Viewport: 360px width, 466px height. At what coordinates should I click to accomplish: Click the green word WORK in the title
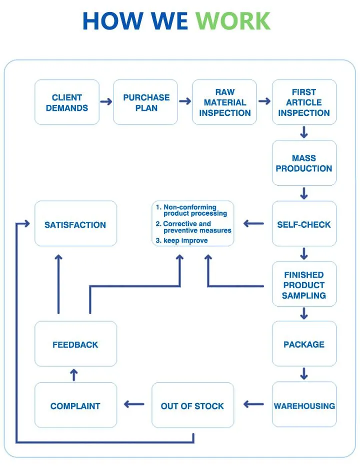pos(232,21)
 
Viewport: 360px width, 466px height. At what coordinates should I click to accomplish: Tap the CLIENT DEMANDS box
pos(67,102)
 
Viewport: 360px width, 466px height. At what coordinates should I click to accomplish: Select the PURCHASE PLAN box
pos(146,102)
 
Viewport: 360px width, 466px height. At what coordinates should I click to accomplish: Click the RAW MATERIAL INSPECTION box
pos(225,102)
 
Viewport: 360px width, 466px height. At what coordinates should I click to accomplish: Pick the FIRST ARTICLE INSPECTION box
pos(304,102)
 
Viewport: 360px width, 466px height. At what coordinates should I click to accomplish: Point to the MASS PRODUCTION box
pos(304,163)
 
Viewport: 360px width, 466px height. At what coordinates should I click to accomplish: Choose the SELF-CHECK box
pos(304,224)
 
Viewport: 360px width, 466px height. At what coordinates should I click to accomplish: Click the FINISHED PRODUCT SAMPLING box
pos(304,285)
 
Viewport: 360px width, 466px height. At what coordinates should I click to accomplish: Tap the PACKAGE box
pos(304,344)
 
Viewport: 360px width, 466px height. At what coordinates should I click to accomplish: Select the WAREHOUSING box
pos(304,406)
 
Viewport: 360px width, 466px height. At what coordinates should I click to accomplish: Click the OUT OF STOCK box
pos(192,406)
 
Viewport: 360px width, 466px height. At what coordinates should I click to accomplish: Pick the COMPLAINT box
pos(75,406)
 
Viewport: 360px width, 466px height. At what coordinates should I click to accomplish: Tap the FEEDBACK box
pos(75,344)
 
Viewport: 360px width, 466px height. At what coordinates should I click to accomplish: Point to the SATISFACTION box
pos(75,224)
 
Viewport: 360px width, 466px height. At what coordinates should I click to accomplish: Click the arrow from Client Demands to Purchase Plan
pos(106,102)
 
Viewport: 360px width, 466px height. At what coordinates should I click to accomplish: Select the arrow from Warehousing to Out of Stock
pos(253,404)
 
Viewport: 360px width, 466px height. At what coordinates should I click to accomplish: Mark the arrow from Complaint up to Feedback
pos(74,375)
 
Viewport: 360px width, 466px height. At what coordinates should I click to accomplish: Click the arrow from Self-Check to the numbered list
pos(253,224)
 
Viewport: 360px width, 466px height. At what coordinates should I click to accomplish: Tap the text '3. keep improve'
pos(181,240)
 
